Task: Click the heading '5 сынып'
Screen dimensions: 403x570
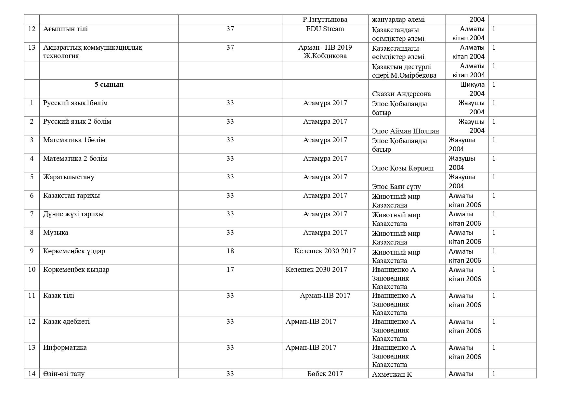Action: pos(109,84)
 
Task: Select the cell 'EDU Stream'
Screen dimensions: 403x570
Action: pos(325,29)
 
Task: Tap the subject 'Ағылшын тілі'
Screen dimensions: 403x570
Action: pos(65,29)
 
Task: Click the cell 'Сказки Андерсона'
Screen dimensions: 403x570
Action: pos(401,94)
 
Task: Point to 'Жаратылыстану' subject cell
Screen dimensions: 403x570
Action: pos(69,177)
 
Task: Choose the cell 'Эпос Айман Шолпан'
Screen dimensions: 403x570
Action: pos(405,131)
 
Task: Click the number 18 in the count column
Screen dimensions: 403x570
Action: pos(230,251)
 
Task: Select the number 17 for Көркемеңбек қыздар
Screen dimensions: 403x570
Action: pos(230,270)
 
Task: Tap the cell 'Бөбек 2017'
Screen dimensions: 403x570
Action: pos(325,373)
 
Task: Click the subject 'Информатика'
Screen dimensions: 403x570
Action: pos(65,347)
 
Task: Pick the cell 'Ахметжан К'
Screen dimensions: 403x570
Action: pos(392,374)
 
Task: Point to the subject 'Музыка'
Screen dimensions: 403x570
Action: pos(56,233)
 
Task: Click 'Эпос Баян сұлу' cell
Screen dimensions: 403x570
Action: pos(396,187)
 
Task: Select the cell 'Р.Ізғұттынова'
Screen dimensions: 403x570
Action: pos(325,19)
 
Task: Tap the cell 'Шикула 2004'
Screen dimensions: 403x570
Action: pos(472,89)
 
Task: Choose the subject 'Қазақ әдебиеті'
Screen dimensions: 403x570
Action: pos(66,321)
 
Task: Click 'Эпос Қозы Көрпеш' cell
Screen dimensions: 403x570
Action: pos(403,168)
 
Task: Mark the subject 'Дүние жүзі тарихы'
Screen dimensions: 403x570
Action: pos(73,214)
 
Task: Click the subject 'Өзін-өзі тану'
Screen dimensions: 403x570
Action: pos(64,373)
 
